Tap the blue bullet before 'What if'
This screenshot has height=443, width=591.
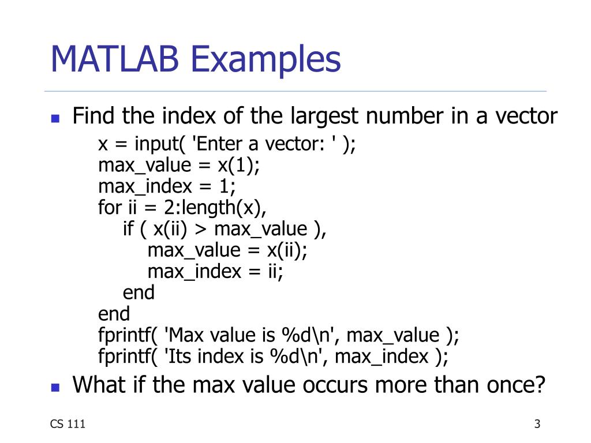[x=55, y=386]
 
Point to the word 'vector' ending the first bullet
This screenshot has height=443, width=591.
[x=524, y=117]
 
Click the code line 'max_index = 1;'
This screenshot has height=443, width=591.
[x=167, y=186]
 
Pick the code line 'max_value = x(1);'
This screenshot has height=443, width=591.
[x=179, y=166]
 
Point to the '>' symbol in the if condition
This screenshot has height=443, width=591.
[x=200, y=230]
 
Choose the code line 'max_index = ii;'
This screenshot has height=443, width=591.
[x=215, y=271]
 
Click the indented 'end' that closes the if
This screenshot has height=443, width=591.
[x=139, y=292]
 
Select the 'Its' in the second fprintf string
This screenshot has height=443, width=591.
[x=181, y=356]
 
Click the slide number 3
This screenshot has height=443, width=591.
[x=537, y=425]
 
